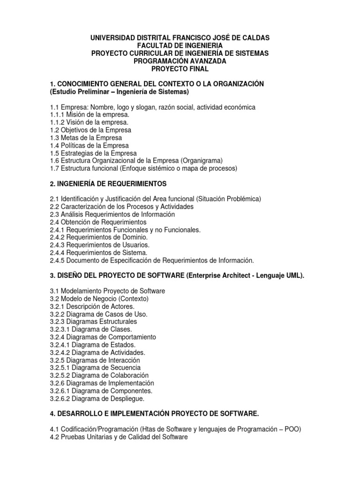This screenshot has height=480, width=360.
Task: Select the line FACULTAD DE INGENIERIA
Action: point(180,45)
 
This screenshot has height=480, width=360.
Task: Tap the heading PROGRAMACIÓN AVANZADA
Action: point(180,61)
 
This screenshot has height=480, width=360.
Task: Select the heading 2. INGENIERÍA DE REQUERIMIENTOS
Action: point(108,183)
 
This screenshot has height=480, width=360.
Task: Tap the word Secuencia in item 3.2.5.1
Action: point(124,368)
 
